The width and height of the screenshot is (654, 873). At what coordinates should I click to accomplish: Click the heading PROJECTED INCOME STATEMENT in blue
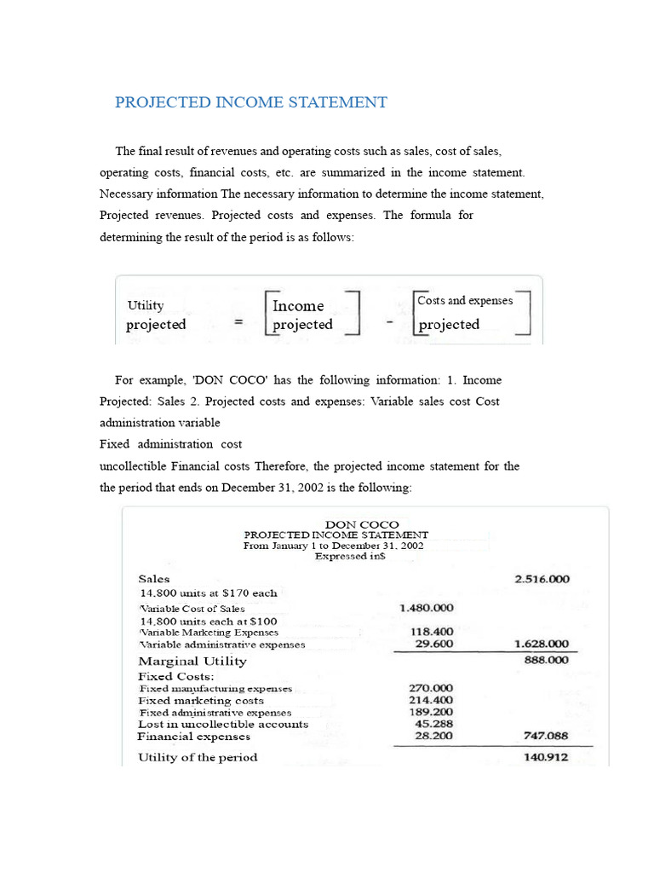pyautogui.click(x=251, y=102)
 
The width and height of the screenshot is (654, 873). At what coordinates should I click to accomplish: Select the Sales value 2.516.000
pyautogui.click(x=542, y=579)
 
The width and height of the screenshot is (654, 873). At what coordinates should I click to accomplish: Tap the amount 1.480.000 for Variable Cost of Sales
pyautogui.click(x=426, y=608)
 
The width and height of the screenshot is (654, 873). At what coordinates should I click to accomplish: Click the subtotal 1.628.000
pyautogui.click(x=542, y=645)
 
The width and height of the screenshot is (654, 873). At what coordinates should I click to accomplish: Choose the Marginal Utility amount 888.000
pyautogui.click(x=546, y=660)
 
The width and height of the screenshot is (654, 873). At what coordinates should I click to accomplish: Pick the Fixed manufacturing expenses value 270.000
pyautogui.click(x=432, y=687)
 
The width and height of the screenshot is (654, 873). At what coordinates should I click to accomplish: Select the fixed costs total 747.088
pyautogui.click(x=546, y=736)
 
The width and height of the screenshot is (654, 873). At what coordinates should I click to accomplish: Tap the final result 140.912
pyautogui.click(x=546, y=756)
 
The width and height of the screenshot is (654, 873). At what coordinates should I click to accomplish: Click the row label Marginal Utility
pyautogui.click(x=192, y=661)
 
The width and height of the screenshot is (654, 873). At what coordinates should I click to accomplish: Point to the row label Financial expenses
pyautogui.click(x=194, y=736)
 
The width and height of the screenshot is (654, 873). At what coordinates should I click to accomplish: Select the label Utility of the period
pyautogui.click(x=198, y=757)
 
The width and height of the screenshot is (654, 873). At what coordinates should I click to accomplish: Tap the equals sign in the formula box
pyautogui.click(x=238, y=323)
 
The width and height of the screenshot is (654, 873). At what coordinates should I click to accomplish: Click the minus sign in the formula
pyautogui.click(x=388, y=323)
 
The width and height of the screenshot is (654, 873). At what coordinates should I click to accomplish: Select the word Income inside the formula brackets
pyautogui.click(x=298, y=305)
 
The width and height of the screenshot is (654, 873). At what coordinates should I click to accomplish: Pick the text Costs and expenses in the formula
pyautogui.click(x=465, y=301)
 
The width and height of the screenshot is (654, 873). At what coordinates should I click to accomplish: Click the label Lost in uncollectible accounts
pyautogui.click(x=223, y=724)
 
